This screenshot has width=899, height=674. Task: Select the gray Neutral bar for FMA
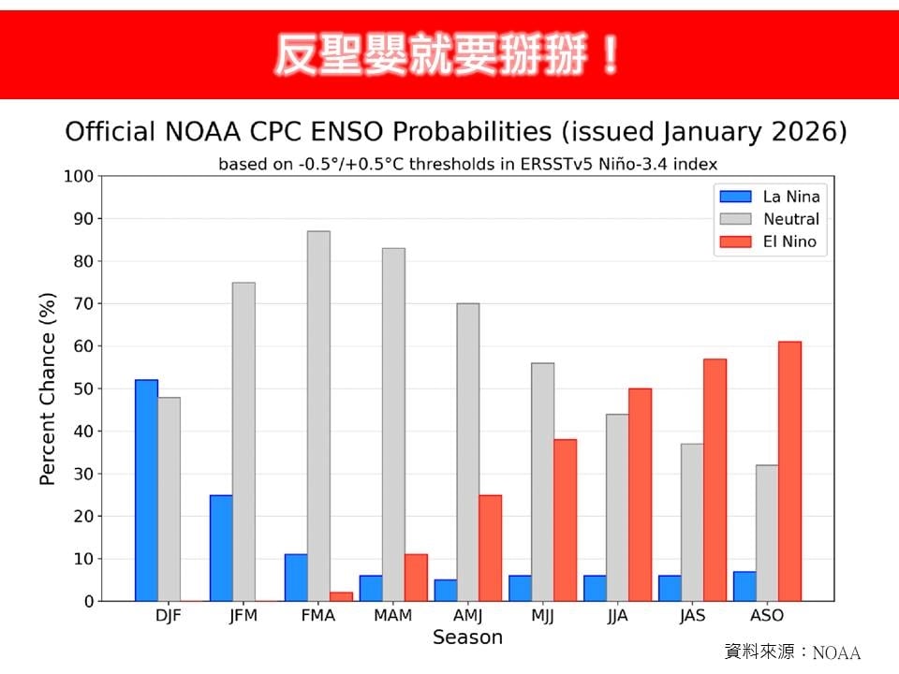click(x=318, y=416)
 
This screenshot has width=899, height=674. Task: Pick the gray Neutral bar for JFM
click(x=243, y=441)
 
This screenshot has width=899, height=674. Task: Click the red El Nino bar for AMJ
click(x=490, y=548)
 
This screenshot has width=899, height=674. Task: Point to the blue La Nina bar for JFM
click(x=221, y=548)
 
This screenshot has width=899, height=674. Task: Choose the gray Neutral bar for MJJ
click(x=542, y=481)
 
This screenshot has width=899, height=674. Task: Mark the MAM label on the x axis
click(x=392, y=616)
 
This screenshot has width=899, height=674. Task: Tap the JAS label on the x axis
click(x=692, y=616)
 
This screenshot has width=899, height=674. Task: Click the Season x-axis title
click(x=467, y=637)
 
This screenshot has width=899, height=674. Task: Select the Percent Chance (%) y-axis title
click(x=48, y=388)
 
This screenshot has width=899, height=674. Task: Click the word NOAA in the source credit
click(x=835, y=653)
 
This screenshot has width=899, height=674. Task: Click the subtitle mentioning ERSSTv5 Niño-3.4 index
click(x=467, y=164)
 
